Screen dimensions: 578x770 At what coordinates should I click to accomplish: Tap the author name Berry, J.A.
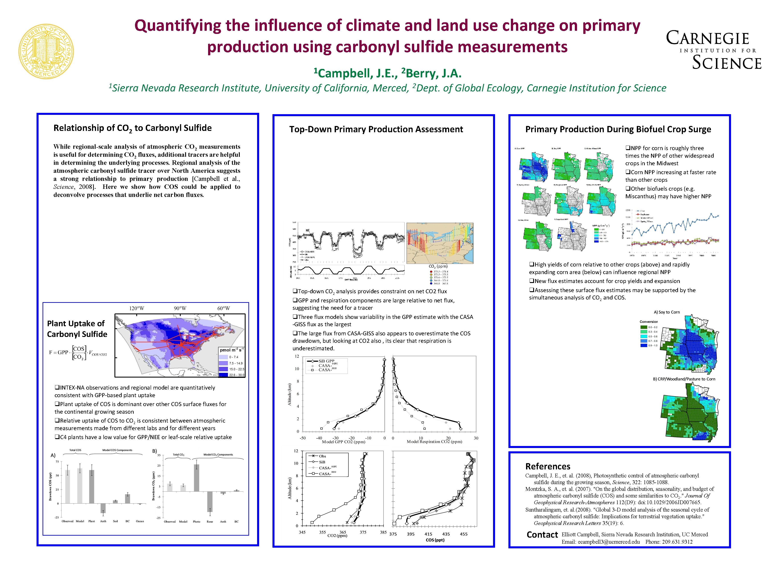pos(433,73)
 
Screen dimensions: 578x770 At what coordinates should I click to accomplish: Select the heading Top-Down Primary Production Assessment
pos(376,129)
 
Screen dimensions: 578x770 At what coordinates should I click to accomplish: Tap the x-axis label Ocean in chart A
pos(140,521)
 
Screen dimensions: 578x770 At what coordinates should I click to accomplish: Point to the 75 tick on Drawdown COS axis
pos(57,462)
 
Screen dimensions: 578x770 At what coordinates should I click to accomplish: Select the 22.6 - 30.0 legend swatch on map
pos(223,375)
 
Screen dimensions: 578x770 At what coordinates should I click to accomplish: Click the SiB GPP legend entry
pos(326,361)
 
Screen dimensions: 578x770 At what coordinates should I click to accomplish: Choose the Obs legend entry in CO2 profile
pos(322,456)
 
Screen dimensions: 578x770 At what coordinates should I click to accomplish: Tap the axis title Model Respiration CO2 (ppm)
pos(434,442)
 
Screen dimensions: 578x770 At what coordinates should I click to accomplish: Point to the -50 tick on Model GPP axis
pos(303,438)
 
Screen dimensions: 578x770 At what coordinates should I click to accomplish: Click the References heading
pos(548,466)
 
